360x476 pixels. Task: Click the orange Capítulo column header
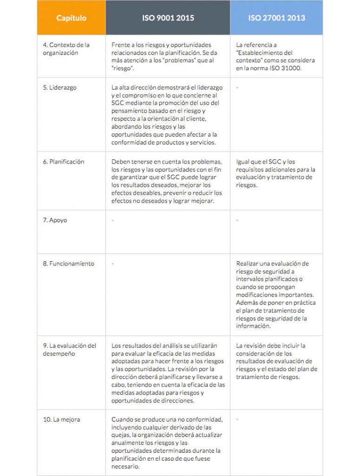tap(71, 18)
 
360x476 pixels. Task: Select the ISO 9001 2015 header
tap(168, 18)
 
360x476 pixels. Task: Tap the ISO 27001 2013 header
tap(276, 18)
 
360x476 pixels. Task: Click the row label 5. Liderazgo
tap(59, 87)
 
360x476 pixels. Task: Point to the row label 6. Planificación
tap(64, 162)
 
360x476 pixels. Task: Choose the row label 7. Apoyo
tap(55, 220)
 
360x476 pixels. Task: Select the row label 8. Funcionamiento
tap(68, 264)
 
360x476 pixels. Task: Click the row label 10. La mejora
tap(61, 419)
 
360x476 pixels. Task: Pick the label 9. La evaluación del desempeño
tap(69, 350)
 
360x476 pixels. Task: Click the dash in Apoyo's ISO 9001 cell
tap(113, 220)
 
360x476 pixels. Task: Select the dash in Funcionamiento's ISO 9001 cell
tap(113, 264)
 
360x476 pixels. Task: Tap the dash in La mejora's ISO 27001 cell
tap(237, 419)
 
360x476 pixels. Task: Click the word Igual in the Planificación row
tap(243, 162)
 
